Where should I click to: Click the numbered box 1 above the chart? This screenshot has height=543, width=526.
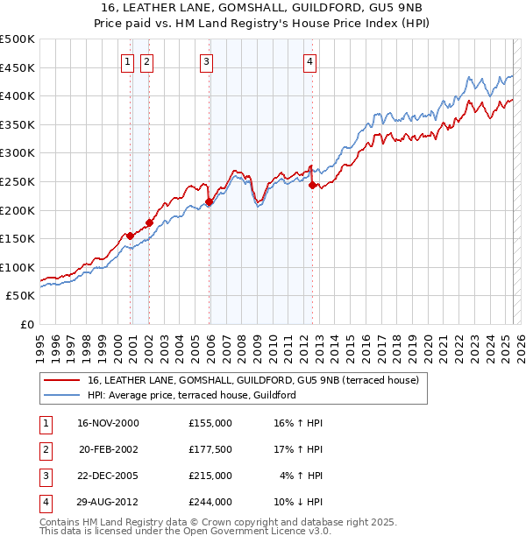(x=128, y=61)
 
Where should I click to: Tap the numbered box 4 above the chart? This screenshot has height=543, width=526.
(x=310, y=61)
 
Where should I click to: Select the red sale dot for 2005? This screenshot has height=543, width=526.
(x=209, y=202)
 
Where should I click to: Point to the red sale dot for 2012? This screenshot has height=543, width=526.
(x=312, y=185)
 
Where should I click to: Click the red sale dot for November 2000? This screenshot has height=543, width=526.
(x=131, y=236)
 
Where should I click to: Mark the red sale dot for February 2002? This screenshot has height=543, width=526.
(x=149, y=222)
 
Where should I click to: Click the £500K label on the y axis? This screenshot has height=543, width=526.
(x=18, y=39)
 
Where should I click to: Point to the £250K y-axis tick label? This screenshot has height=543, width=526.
(x=18, y=181)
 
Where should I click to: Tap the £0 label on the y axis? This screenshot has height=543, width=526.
(x=27, y=324)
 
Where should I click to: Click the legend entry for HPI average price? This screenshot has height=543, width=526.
(x=191, y=395)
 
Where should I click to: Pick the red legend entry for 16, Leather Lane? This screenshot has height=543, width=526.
(x=253, y=380)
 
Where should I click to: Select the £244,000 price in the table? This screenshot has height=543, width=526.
(x=210, y=502)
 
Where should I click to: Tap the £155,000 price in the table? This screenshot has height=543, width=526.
(x=210, y=423)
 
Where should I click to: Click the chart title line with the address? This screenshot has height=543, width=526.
(x=263, y=8)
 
